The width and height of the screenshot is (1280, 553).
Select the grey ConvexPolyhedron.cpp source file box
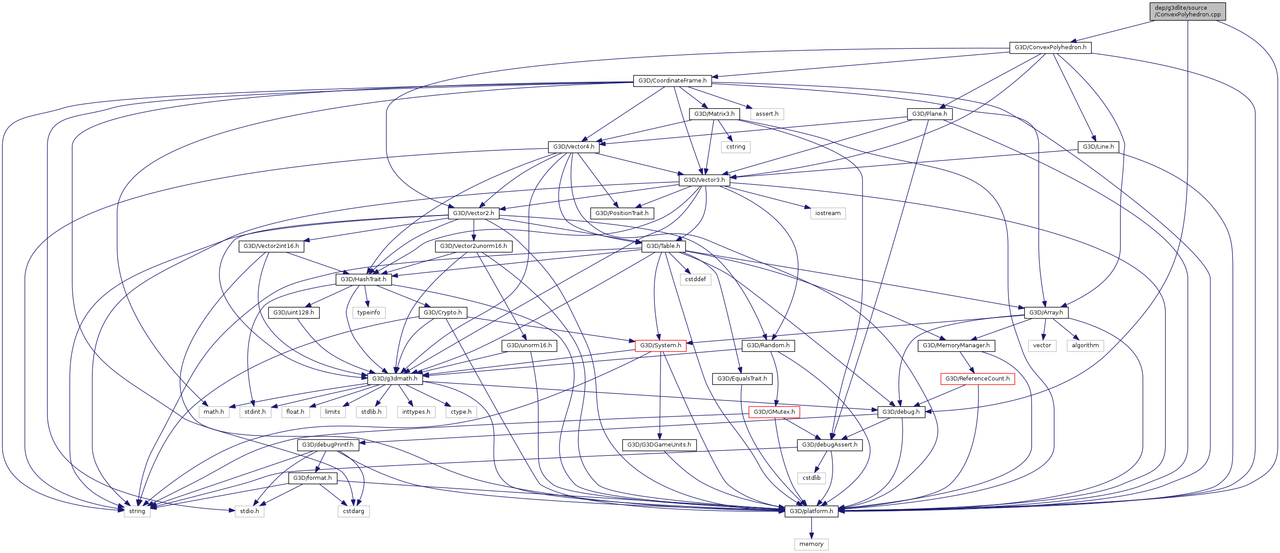[x=1188, y=12]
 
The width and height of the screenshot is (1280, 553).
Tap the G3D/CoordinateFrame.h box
[x=672, y=81]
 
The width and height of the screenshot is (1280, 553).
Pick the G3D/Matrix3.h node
[x=714, y=114]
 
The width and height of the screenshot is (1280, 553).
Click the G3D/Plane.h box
[x=929, y=114]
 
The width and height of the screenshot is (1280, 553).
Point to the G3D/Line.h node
[x=1098, y=147]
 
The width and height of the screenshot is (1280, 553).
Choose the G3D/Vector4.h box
[x=573, y=147]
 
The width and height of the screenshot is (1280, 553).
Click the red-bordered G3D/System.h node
[x=660, y=345]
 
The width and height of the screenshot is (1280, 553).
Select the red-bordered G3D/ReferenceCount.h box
[x=977, y=379]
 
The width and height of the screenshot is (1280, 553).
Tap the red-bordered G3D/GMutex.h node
[x=774, y=412]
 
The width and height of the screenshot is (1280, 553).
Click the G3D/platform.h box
[x=811, y=511]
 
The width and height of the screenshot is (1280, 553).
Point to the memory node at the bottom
[x=811, y=544]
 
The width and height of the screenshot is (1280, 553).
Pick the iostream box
[x=828, y=213]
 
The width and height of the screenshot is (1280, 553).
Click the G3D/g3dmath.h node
[x=395, y=379]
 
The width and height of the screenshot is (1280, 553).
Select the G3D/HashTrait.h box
[x=363, y=279]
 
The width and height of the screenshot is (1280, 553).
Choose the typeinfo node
[x=369, y=313]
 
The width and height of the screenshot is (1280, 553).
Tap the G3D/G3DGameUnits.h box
[x=659, y=445]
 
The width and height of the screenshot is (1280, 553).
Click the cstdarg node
[x=353, y=511]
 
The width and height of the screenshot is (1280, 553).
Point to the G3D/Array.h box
[x=1046, y=313]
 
